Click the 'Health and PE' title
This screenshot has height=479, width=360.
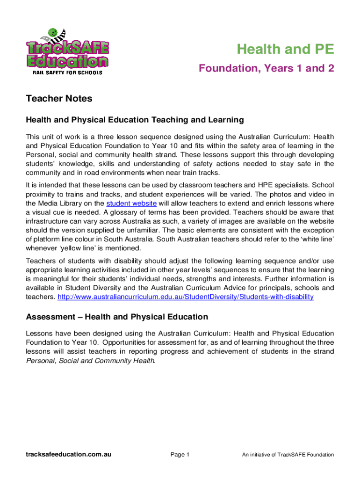[x=285, y=49]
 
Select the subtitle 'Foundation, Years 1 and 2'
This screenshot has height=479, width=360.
[x=266, y=69]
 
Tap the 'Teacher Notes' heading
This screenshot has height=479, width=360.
[x=59, y=99]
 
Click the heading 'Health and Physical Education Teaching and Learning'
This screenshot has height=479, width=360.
[x=135, y=120]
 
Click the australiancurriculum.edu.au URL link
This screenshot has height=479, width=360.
[x=185, y=297]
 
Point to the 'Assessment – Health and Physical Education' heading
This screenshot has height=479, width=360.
[x=117, y=317]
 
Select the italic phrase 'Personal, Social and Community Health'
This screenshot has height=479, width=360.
[x=90, y=361]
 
